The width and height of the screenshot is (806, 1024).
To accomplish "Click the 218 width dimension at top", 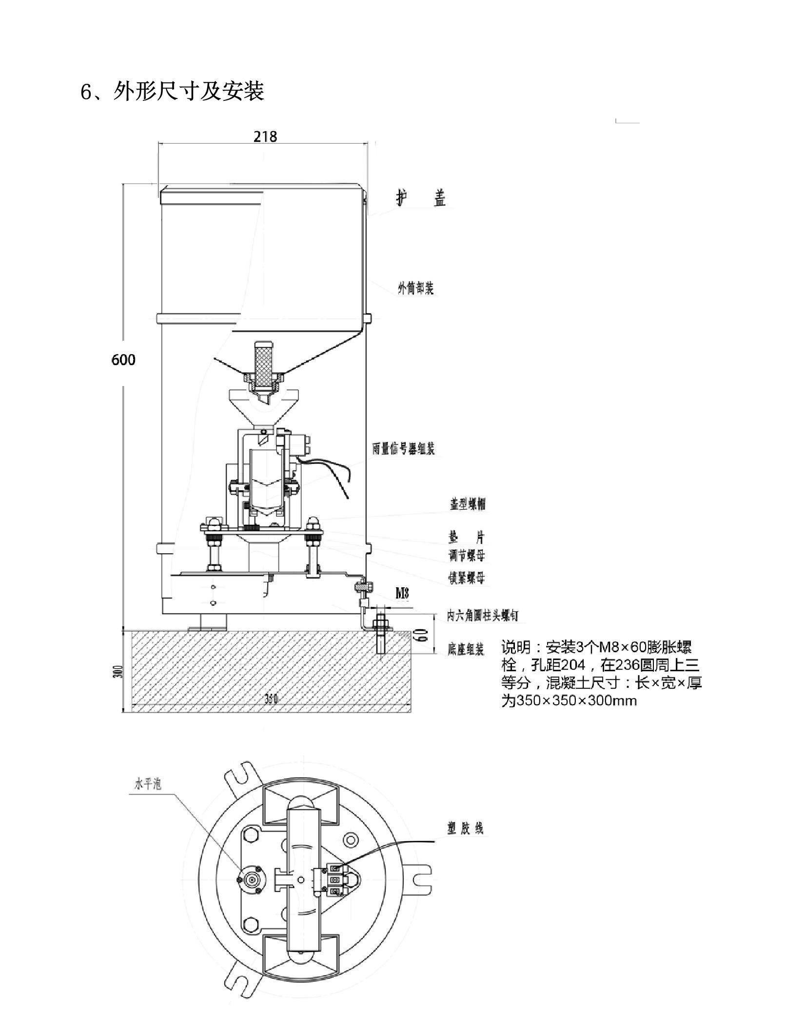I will point(265,137).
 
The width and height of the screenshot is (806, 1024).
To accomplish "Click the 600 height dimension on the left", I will point(123,360).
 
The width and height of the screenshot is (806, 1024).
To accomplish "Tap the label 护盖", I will point(420,198).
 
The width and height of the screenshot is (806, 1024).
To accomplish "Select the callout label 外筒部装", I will point(415,289).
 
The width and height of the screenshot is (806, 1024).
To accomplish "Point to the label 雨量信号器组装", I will point(403,449).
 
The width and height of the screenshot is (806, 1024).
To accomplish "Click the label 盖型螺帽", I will point(467,504).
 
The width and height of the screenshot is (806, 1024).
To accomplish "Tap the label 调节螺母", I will point(467,556).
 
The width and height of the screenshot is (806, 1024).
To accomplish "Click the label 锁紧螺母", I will point(467,578).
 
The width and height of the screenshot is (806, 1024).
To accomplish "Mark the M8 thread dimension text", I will point(402,593).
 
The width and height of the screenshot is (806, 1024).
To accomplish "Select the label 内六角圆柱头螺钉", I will point(482,616).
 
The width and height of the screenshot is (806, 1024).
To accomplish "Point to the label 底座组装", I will point(466,649).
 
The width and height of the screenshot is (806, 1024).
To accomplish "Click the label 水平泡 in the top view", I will point(147,784).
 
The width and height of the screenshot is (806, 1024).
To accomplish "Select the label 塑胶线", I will point(465,828).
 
